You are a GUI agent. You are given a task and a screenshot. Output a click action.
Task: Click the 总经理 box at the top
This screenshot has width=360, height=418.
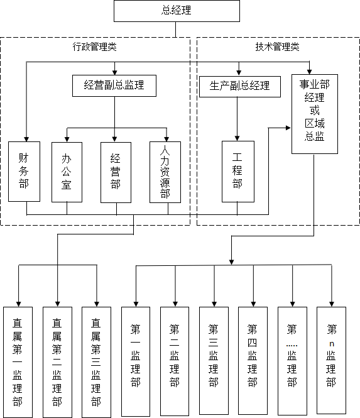[x=177, y=11]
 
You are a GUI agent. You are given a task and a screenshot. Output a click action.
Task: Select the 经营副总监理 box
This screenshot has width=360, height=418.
[x=114, y=85]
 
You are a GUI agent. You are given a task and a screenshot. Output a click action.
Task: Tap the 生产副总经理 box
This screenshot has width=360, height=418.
[x=240, y=87]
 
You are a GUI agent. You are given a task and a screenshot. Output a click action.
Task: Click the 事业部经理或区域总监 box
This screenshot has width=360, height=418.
[x=315, y=114]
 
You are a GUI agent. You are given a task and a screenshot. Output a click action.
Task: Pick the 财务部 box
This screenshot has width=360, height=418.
[x=25, y=172]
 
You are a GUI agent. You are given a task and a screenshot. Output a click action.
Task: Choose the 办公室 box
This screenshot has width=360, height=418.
[x=67, y=172]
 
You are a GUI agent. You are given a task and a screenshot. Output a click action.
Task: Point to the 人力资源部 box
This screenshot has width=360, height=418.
[x=165, y=172]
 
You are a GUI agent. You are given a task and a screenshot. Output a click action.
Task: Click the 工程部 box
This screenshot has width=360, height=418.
[x=238, y=172]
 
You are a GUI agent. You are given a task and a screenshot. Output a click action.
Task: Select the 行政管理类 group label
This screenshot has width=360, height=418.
[x=95, y=47]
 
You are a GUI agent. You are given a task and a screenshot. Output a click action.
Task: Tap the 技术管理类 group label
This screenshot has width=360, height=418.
[x=278, y=47]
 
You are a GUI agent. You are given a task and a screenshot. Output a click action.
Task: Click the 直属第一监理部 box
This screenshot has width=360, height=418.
[x=18, y=362]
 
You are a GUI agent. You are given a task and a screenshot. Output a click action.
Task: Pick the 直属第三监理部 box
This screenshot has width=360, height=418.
[x=96, y=362]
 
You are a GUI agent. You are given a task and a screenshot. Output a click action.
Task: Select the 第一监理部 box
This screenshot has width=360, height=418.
[x=136, y=361]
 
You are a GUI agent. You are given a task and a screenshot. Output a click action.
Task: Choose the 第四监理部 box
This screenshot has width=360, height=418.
[x=253, y=361]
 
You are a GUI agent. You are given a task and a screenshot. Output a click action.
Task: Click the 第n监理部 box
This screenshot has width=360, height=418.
[x=331, y=360]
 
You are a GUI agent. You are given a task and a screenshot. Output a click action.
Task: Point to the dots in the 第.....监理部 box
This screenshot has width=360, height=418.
[x=292, y=346]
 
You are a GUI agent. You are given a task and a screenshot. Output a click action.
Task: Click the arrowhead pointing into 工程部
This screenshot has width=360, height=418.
[x=237, y=138]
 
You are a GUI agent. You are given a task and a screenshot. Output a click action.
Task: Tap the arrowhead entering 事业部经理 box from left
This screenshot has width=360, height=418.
[x=288, y=128]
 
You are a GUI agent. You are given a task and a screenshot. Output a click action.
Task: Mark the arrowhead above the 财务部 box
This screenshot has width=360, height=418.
[x=26, y=139]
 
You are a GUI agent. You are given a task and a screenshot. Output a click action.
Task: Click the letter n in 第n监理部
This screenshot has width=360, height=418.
[x=332, y=344]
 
